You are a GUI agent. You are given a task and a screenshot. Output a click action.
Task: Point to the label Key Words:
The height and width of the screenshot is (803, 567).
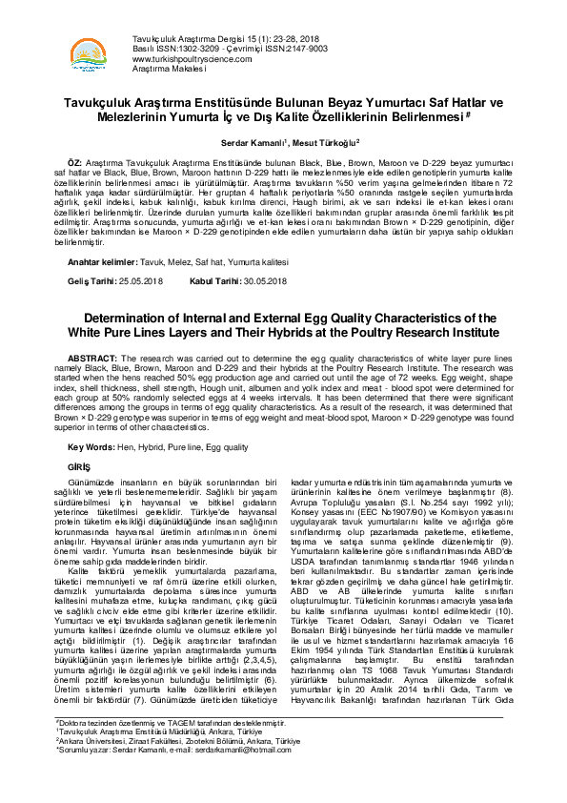91,446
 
